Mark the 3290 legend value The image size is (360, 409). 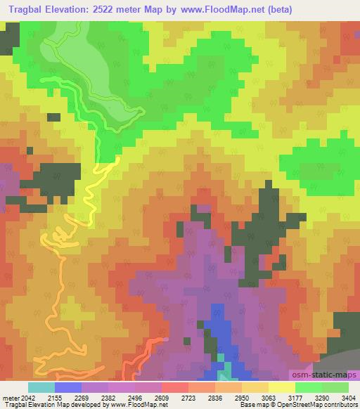click(322, 398)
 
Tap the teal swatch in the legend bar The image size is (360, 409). click(41, 387)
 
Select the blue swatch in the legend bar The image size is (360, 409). click(68, 387)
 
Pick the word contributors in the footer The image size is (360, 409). click(340, 405)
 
